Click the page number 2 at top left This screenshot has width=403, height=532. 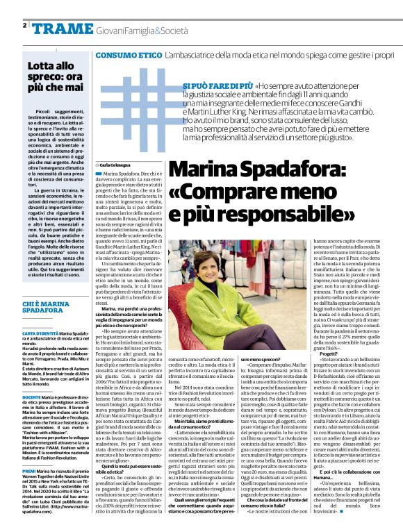[24, 25]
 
